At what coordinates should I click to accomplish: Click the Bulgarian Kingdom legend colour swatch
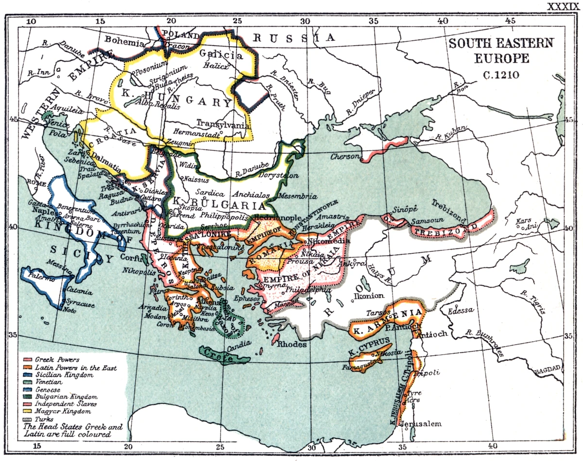pyautogui.click(x=27, y=397)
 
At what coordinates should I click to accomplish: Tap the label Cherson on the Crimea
pyautogui.click(x=346, y=156)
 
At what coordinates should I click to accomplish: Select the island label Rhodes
pyautogui.click(x=292, y=344)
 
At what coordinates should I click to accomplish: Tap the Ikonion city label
pyautogui.click(x=372, y=295)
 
